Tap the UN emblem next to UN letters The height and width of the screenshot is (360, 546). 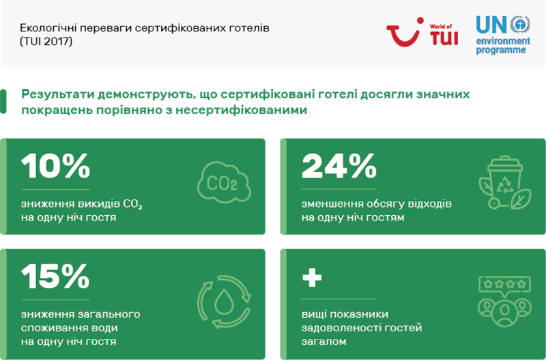click(x=520, y=24)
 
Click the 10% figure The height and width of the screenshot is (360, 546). click(x=56, y=166)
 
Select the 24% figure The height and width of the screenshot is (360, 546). click(x=339, y=166)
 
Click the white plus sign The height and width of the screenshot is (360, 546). click(x=312, y=277)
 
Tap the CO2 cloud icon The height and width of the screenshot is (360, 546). click(x=224, y=182)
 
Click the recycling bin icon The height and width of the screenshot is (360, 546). click(x=505, y=182)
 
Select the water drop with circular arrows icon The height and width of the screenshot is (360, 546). click(x=224, y=302)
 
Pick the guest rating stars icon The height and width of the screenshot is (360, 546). click(x=504, y=301)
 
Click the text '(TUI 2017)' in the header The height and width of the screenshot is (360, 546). click(x=46, y=42)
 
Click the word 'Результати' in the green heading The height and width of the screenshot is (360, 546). click(x=57, y=94)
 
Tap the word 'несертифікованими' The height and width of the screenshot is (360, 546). click(x=242, y=110)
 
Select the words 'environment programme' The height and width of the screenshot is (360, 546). click(x=503, y=46)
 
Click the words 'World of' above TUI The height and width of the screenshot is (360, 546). click(x=441, y=27)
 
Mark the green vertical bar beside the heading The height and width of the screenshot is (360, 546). click(x=3, y=102)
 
